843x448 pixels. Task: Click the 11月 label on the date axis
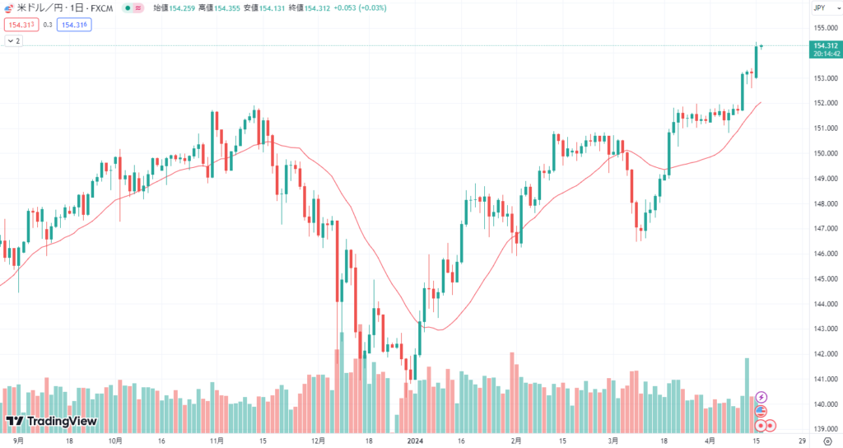(217, 441)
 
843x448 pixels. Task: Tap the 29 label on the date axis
(802, 441)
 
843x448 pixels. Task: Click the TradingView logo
(51, 422)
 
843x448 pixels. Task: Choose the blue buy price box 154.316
(75, 25)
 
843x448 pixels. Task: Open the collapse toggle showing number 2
(14, 40)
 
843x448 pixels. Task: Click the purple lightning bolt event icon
(761, 397)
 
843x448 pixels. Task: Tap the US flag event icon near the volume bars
(761, 411)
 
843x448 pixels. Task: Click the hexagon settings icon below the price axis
(827, 441)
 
